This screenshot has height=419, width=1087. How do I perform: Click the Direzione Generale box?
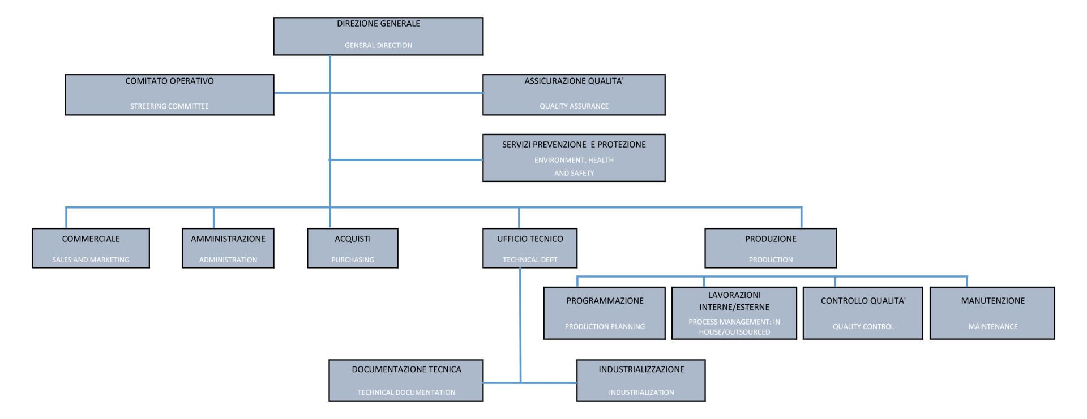pos(378,36)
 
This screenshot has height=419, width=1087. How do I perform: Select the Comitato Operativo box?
pos(169,95)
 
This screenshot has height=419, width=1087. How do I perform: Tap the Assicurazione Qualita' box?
pos(574,95)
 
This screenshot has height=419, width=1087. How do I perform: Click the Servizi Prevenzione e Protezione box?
pos(574,158)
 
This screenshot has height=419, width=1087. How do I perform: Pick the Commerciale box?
pos(91,248)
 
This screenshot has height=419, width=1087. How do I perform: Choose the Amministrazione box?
pos(228,248)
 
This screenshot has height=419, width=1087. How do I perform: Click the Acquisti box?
pos(353,248)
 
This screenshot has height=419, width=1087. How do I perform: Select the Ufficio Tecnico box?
pos(530,248)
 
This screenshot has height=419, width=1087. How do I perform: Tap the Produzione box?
pos(771,248)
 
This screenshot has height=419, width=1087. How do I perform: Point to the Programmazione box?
pos(605,313)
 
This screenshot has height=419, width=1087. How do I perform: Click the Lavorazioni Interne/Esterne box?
pos(734,313)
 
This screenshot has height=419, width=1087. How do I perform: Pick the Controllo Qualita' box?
pos(863,313)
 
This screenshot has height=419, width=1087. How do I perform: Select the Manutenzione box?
pos(992,313)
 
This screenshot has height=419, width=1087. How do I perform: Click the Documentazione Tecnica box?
pos(406,381)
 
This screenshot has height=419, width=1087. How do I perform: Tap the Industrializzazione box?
pos(641,381)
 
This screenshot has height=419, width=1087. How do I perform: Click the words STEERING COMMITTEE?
pos(169,106)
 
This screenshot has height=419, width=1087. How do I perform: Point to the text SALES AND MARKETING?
pos(91,260)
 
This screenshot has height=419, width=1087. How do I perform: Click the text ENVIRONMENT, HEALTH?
pos(574,161)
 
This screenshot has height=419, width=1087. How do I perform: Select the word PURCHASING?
pos(353,260)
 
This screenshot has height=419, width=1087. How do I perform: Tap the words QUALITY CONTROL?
pos(863,327)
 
